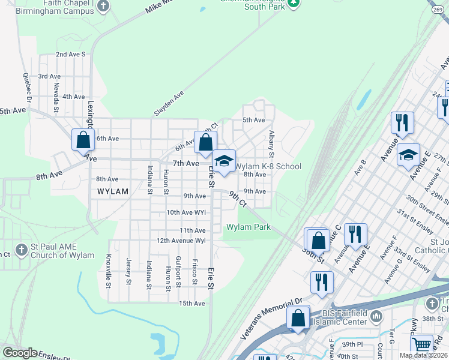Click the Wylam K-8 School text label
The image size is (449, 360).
(x=268, y=166)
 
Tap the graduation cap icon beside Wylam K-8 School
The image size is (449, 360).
(x=224, y=161)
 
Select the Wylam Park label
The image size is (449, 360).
(x=248, y=227)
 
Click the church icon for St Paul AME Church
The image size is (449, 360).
(x=21, y=249)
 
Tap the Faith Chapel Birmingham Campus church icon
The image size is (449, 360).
(x=103, y=6)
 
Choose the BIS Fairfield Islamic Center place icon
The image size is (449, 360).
(x=376, y=316)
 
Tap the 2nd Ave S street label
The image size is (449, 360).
(x=71, y=54)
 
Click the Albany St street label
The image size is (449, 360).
(x=272, y=144)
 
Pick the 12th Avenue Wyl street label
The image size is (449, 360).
(x=181, y=241)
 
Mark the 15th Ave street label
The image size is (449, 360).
(x=192, y=304)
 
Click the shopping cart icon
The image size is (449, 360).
(x=422, y=344)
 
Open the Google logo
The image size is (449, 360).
(x=20, y=353)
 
